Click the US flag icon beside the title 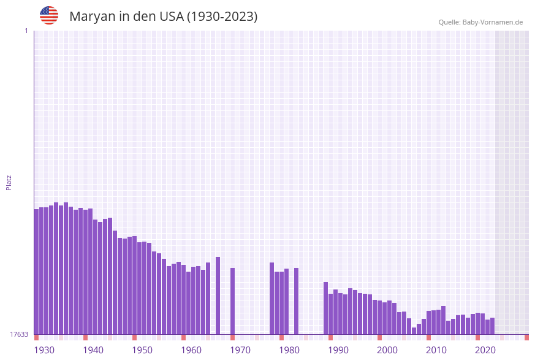point(49,15)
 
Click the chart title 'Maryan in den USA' point(163,17)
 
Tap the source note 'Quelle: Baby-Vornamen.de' point(480,22)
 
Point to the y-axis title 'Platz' point(9,182)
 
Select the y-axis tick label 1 point(26,31)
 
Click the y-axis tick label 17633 point(19,334)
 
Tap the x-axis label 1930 point(44,350)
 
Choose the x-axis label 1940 point(93,350)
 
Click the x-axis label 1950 point(142,350)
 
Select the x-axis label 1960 point(191,350)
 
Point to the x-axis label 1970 point(240,350)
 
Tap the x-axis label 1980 point(289,350)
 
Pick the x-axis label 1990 point(338,350)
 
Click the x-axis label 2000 point(387,350)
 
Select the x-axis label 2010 point(436,350)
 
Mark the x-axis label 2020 point(485,350)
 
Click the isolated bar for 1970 point(233,301)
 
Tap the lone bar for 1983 point(297,301)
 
